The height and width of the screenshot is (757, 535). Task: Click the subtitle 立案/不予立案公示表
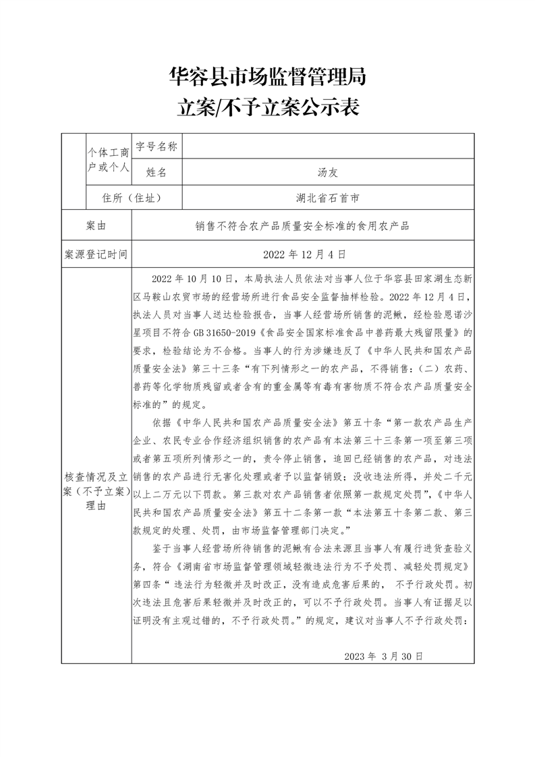click(267, 107)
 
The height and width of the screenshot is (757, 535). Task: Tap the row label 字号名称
click(156, 146)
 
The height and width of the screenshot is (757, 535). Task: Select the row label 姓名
click(156, 172)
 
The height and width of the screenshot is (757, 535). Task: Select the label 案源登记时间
click(96, 254)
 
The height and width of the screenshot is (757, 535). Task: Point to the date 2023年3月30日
click(383, 655)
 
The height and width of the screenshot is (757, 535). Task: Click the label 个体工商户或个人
click(108, 159)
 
